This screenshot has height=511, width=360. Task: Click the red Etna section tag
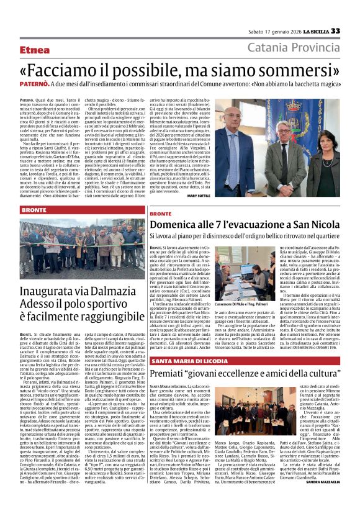tap(35, 48)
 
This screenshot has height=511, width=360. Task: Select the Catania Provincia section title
tap(294, 48)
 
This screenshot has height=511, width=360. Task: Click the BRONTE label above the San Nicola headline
tap(161, 213)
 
